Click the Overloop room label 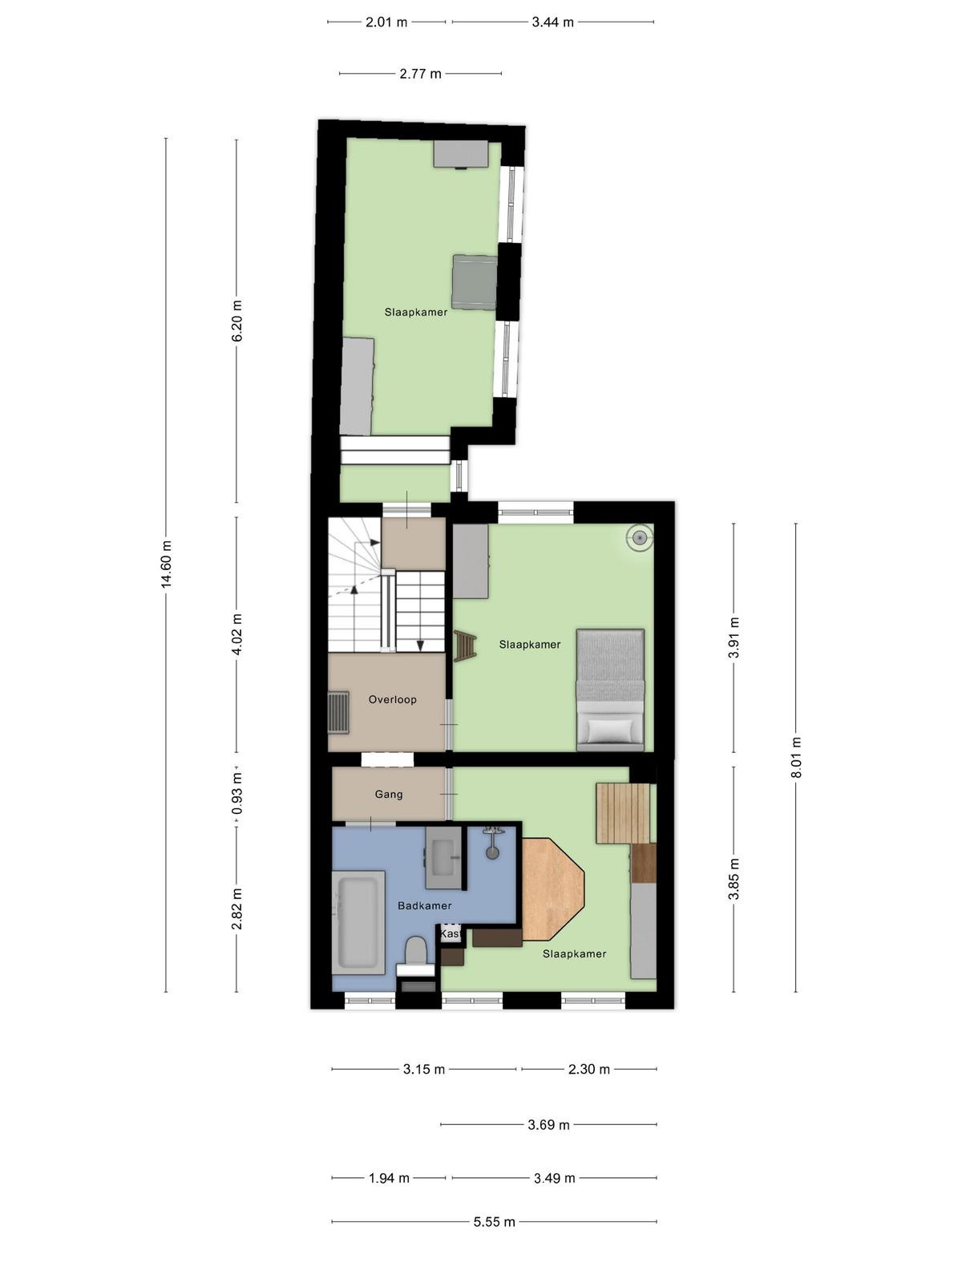pos(392,699)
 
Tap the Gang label pos(389,794)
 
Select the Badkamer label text pos(425,905)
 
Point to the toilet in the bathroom pos(416,952)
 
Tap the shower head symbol pos(493,842)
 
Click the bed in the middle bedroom pos(610,690)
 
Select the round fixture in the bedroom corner pos(640,536)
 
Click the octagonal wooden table pos(552,889)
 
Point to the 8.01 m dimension pos(797,757)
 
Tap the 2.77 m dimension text pos(421,74)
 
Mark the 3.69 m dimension pos(548,1124)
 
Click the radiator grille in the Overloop pos(338,711)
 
